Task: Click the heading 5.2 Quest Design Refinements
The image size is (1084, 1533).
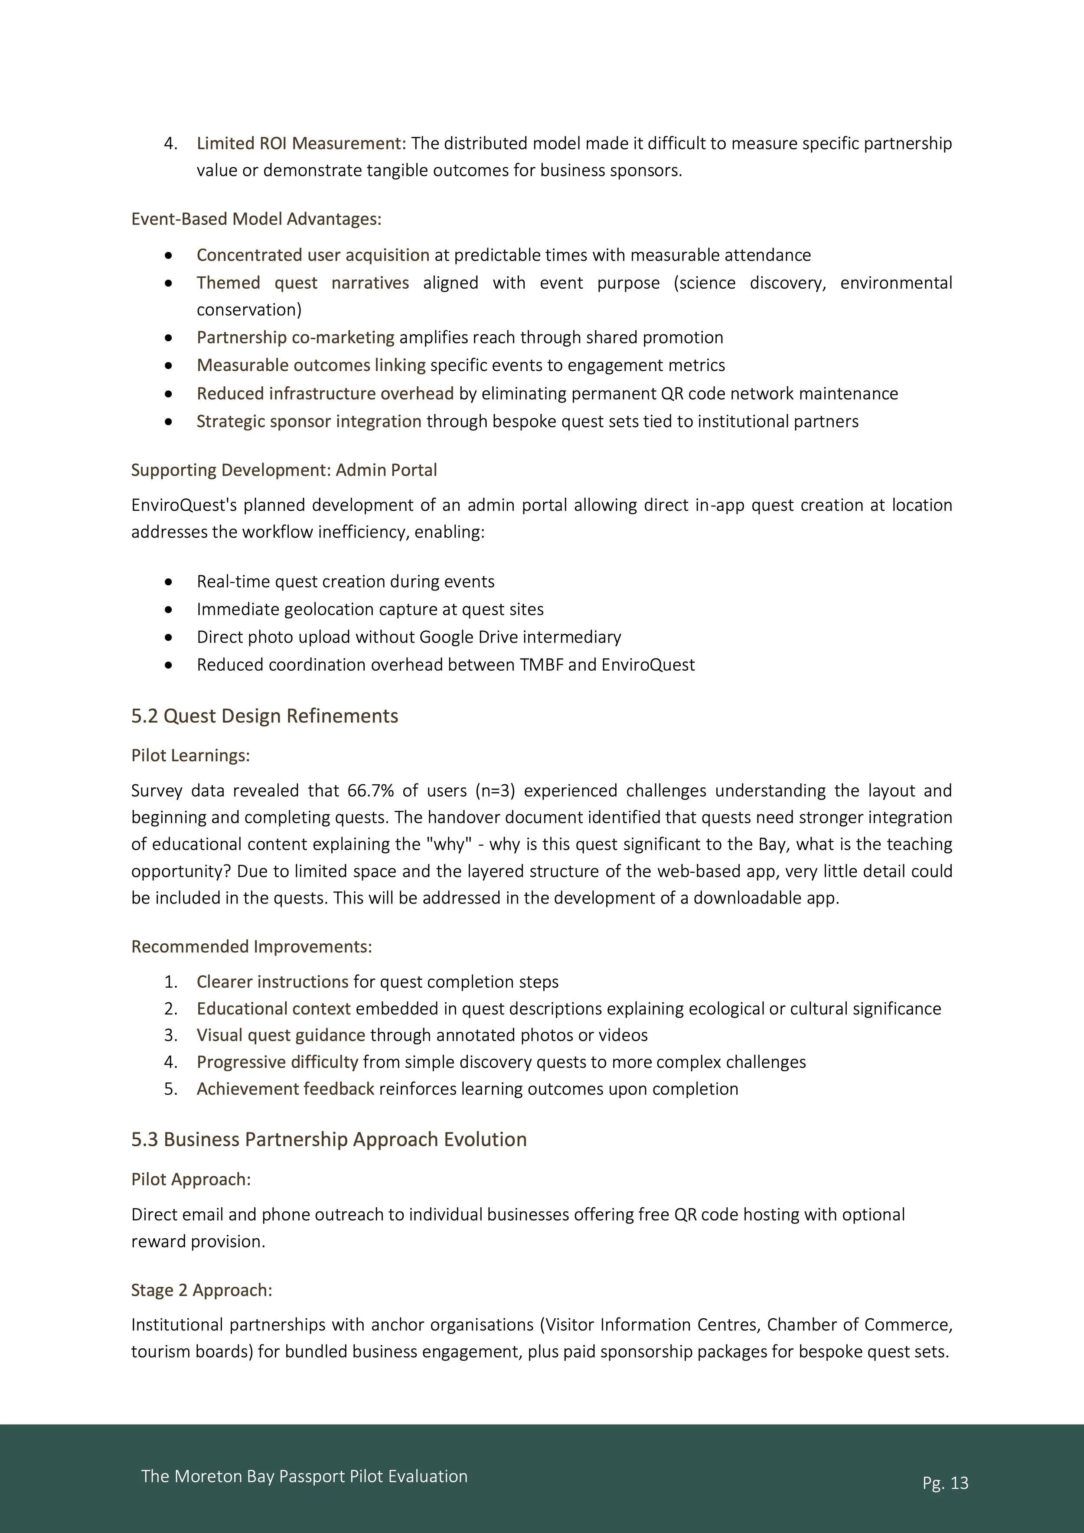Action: tap(264, 716)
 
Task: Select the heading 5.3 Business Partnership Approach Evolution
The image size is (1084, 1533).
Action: tap(329, 1139)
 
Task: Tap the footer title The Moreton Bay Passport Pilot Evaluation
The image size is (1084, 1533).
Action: tap(304, 1476)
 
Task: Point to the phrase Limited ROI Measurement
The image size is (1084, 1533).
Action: tap(300, 144)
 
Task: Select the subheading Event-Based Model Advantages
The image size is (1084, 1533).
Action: tap(256, 219)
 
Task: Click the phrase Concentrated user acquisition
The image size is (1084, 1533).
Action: tap(313, 255)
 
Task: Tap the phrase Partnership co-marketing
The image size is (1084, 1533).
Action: tap(295, 337)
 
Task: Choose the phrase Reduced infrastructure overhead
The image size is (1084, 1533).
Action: tap(325, 393)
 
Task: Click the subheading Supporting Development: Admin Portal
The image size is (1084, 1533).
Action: tap(284, 470)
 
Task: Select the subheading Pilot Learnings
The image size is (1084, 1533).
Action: tap(190, 755)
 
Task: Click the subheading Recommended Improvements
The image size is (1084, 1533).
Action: tap(251, 947)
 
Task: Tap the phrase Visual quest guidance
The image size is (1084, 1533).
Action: tap(281, 1035)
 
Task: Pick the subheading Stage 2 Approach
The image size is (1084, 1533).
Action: tap(201, 1290)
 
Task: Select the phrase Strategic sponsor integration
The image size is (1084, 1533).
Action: tap(309, 421)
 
